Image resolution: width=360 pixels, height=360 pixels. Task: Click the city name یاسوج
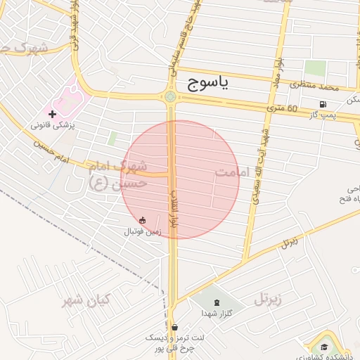(x=209, y=84)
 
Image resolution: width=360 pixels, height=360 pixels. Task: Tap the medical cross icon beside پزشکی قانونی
(x=52, y=112)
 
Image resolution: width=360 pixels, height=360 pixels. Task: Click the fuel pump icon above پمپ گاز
(x=323, y=104)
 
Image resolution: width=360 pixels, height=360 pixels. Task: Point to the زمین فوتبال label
(x=143, y=231)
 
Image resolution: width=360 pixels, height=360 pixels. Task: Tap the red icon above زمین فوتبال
(x=143, y=220)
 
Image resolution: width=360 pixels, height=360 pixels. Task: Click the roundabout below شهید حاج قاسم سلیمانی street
(x=170, y=97)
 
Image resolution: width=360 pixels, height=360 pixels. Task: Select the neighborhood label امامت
(x=233, y=172)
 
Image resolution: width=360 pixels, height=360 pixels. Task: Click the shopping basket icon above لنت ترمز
(x=174, y=327)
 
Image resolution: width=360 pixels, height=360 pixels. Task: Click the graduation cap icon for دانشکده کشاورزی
(x=323, y=347)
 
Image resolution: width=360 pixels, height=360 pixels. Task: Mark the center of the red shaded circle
(x=180, y=180)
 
